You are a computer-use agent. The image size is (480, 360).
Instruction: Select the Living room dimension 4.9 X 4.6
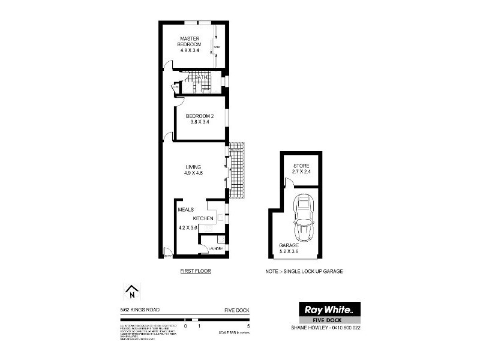coord(193,173)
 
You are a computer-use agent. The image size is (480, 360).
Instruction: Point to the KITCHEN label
coord(203,218)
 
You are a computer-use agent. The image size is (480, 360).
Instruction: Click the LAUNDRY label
coord(215,248)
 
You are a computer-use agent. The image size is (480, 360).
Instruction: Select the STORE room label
coord(301,166)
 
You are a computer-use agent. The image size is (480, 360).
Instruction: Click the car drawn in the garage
coord(303,221)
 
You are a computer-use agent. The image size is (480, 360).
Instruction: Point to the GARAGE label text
coord(289,246)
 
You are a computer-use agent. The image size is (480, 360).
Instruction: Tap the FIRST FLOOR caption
coord(196,271)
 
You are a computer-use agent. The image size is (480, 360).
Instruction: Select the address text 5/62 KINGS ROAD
coord(139,310)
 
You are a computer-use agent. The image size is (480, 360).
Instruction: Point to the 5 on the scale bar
coord(247,326)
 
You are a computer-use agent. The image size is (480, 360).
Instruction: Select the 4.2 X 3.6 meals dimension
coord(188,227)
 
